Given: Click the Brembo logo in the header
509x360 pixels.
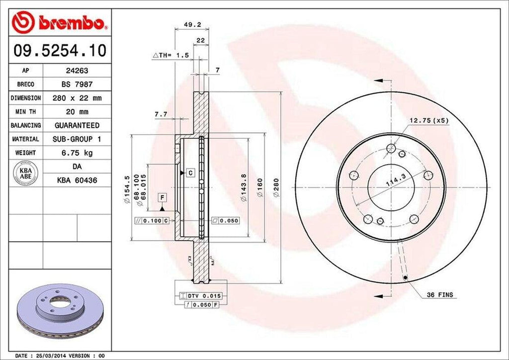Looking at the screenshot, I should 60,22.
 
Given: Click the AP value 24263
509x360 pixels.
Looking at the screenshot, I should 77,71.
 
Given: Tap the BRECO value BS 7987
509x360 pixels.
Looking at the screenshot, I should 77,85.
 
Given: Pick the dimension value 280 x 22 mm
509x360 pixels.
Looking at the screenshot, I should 77,98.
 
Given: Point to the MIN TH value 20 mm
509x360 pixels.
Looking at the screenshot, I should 77,112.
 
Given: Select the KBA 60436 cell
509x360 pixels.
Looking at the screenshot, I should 77,180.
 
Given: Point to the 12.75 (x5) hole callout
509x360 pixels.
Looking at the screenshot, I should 428,121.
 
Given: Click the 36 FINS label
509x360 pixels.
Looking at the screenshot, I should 440,295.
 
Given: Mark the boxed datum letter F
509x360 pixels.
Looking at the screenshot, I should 162,198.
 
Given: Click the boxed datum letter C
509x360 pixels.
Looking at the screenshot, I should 190,173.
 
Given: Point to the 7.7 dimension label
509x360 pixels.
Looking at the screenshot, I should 161,114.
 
